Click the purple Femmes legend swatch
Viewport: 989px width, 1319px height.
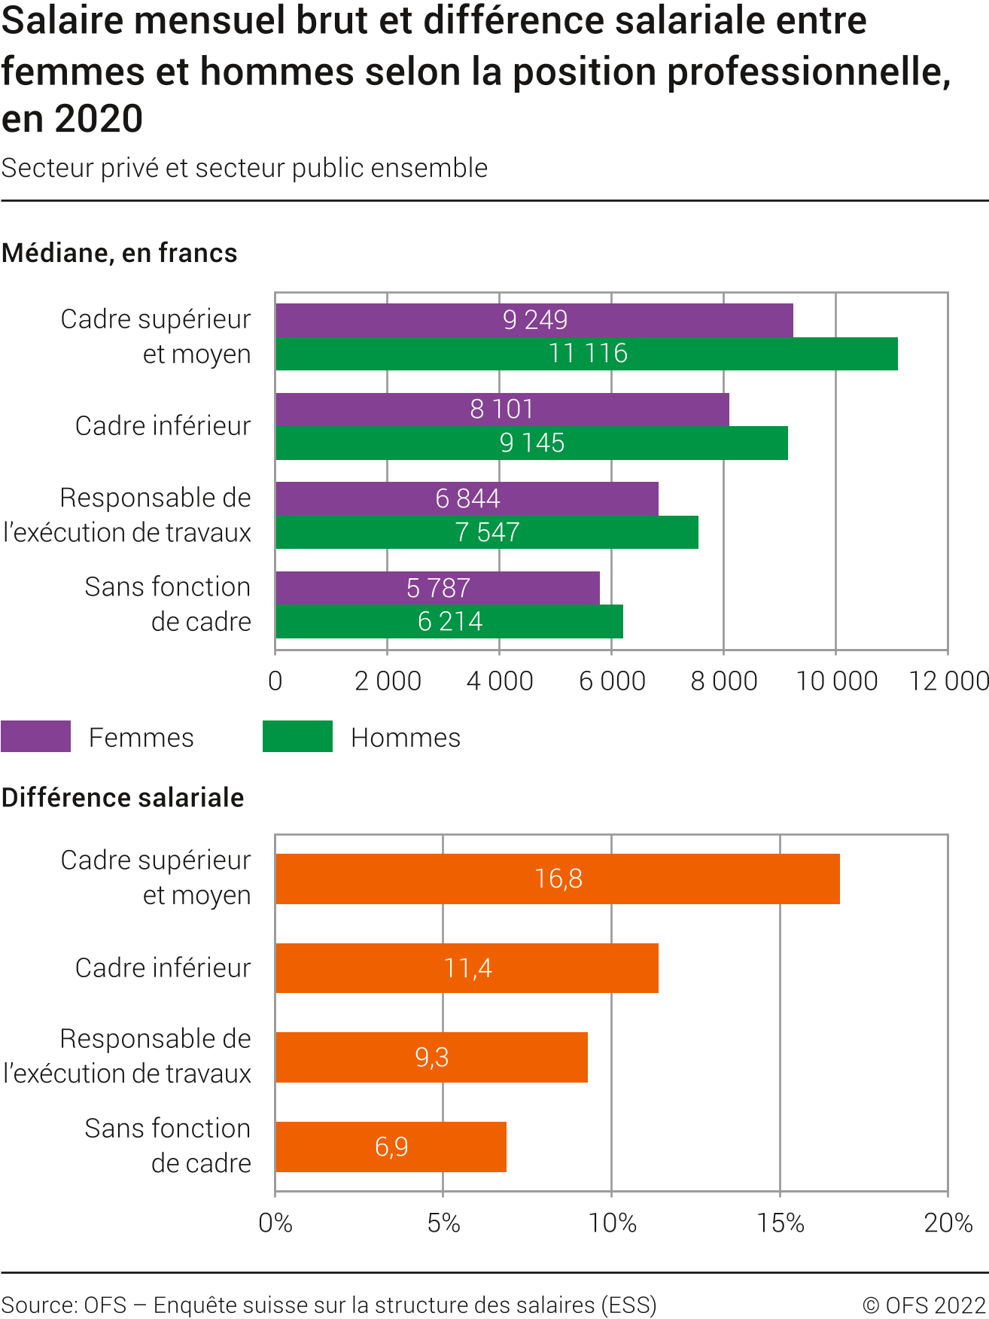pyautogui.click(x=35, y=736)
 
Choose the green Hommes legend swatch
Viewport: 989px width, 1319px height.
pyautogui.click(x=297, y=736)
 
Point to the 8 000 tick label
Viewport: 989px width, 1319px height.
pyautogui.click(x=723, y=681)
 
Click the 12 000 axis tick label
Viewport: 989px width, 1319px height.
pyautogui.click(x=948, y=681)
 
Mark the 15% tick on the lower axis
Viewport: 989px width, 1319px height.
pyautogui.click(x=781, y=1223)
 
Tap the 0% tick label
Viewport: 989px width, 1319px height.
pyautogui.click(x=275, y=1223)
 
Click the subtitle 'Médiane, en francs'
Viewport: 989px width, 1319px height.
pyautogui.click(x=120, y=253)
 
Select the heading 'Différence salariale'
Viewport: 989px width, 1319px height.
pyautogui.click(x=123, y=797)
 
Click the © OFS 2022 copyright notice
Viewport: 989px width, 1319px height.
pyautogui.click(x=924, y=1305)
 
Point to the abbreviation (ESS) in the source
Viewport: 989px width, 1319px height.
pyautogui.click(x=628, y=1305)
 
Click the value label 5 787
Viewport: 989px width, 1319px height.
pyautogui.click(x=438, y=588)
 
